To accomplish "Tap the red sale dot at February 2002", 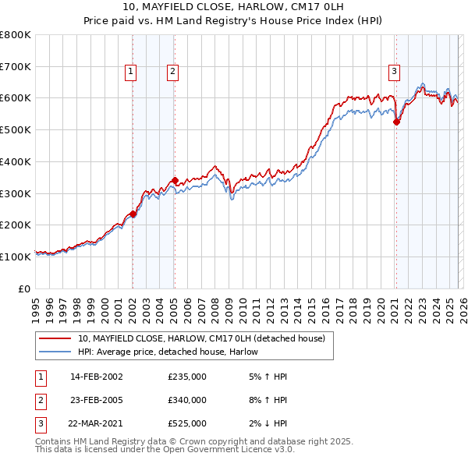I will (133, 214).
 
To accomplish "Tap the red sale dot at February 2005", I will (175, 180).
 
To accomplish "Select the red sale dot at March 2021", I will (396, 121).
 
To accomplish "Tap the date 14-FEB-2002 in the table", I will (96, 377).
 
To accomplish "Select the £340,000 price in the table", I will (187, 400).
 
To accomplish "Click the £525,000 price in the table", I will (187, 423).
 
